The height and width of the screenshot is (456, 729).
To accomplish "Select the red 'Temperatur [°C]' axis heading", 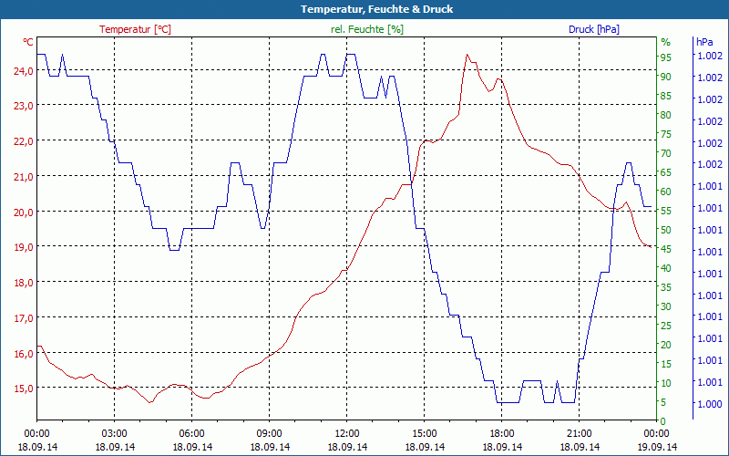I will pos(135,29).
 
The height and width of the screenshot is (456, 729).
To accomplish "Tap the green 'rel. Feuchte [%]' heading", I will pos(367,29).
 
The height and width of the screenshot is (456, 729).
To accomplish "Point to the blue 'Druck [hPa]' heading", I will pos(593,29).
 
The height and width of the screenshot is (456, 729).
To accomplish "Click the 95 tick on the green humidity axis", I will pos(665,57).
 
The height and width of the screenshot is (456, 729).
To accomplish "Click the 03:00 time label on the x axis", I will pos(115,433).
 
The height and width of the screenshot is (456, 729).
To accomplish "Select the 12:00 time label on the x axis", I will pos(347,433).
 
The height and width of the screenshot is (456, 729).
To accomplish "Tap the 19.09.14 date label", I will pos(657,447).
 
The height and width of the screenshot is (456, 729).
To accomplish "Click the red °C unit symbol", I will pos(28,42).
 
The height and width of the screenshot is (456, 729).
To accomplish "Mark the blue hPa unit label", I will pos(704,42).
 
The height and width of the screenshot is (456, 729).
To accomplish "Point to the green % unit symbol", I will pos(665,42).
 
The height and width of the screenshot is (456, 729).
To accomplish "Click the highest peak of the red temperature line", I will pos(467,55).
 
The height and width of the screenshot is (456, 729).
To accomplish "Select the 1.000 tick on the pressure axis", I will pos(709,403).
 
